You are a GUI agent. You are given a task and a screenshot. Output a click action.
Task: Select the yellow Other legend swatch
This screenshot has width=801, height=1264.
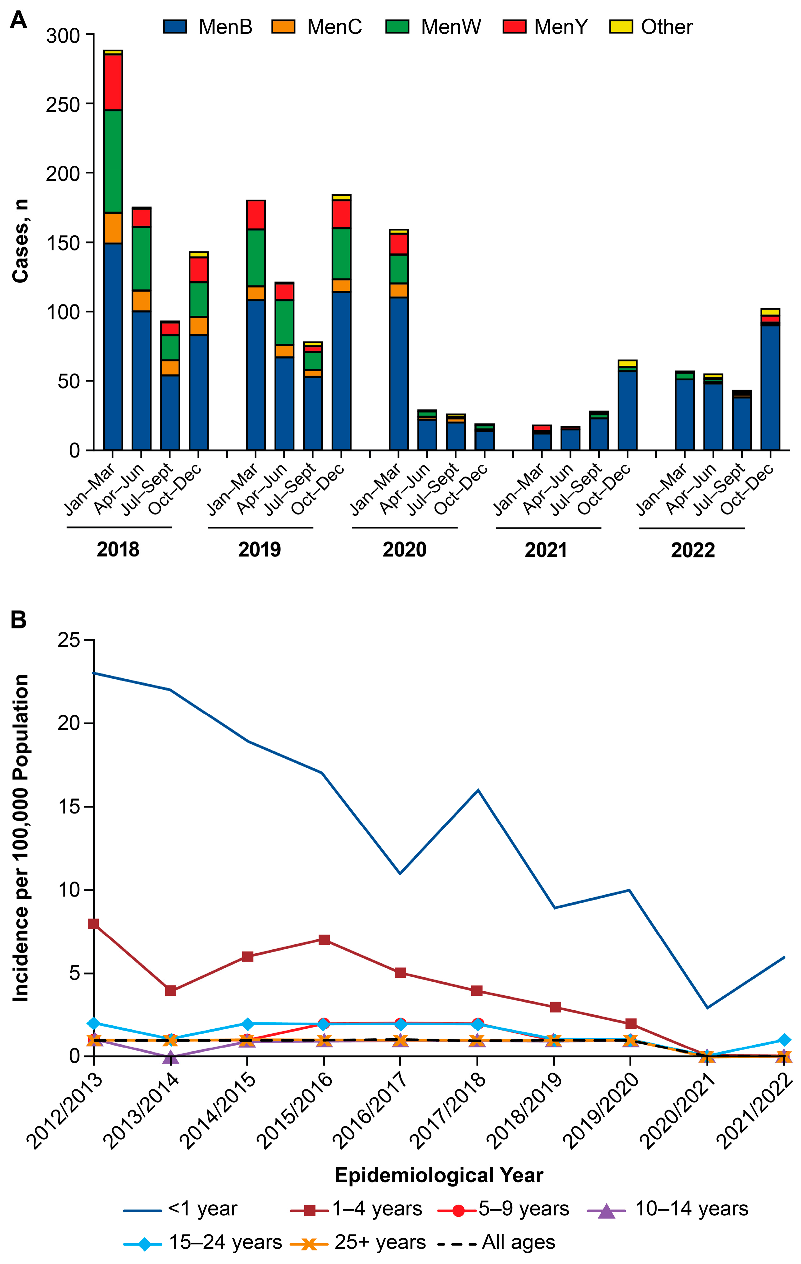(x=620, y=27)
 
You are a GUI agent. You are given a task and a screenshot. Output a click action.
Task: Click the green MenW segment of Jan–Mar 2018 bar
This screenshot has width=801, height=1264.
(x=113, y=161)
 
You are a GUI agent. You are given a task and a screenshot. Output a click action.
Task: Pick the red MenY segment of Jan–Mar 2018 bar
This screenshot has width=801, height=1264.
(x=113, y=82)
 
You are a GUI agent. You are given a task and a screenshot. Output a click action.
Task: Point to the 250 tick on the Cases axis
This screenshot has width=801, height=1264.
(x=62, y=104)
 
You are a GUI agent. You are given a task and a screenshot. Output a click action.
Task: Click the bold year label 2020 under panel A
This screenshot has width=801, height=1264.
(x=404, y=549)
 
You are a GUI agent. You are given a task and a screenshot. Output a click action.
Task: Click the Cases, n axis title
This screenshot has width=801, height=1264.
(x=20, y=241)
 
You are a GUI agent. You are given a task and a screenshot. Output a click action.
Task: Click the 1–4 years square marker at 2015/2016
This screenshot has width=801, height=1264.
(x=324, y=940)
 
